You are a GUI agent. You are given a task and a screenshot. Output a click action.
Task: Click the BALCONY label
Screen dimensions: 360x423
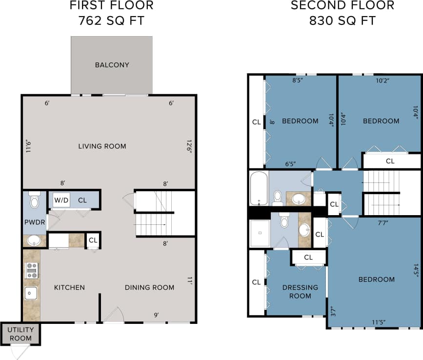tap(112, 65)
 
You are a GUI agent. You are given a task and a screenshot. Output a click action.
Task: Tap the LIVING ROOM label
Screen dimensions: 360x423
tap(102, 146)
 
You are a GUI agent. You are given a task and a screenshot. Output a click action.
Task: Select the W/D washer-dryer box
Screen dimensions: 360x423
tap(61, 200)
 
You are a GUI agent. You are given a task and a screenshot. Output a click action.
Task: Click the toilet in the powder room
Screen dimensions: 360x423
tap(34, 200)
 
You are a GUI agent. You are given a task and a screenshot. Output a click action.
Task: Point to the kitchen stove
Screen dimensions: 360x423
tap(32, 270)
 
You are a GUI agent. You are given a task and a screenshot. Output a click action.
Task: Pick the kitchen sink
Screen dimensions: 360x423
tap(31, 293)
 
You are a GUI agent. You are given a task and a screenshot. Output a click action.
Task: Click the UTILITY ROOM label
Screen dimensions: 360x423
tap(20, 334)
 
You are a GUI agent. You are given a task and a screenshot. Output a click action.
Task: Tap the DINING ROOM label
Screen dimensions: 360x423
tap(149, 287)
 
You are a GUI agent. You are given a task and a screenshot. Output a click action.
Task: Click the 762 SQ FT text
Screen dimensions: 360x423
tap(112, 21)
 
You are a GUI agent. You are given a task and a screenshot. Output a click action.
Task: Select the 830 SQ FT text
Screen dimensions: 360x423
tap(342, 21)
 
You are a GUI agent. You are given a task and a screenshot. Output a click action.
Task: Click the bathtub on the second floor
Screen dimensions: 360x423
tap(258, 188)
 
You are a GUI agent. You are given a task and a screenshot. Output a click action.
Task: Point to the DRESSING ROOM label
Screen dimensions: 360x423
tap(300, 292)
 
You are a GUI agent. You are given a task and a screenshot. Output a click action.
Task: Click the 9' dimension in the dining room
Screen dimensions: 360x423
tap(156, 315)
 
